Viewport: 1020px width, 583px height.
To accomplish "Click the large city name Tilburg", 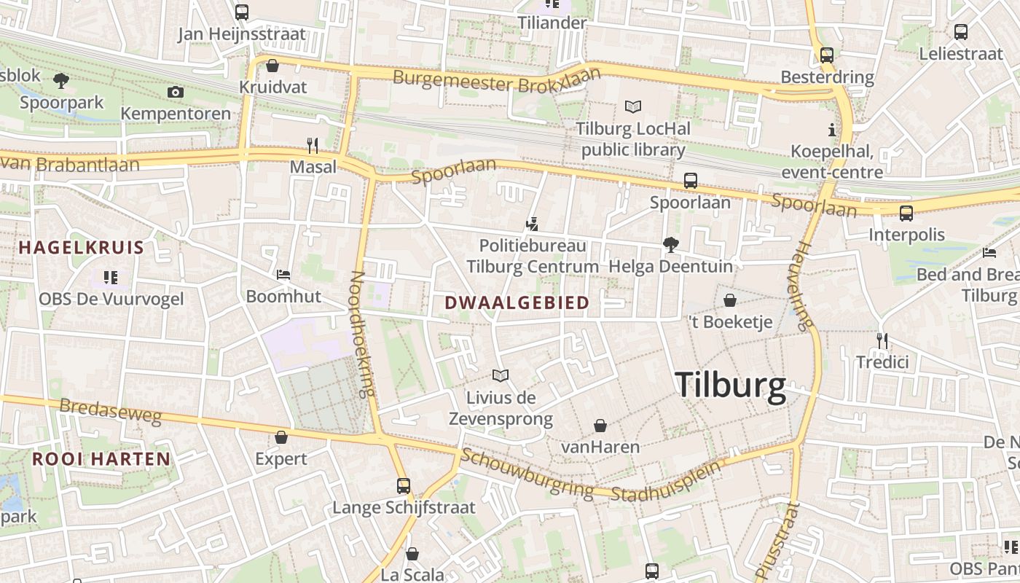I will [x=730, y=386].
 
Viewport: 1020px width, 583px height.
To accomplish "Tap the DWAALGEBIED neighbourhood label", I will [x=517, y=303].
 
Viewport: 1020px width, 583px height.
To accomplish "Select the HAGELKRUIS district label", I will [x=82, y=247].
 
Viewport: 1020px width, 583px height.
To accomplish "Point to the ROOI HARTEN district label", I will [x=101, y=459].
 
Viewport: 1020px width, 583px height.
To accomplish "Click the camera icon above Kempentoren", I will [x=175, y=92].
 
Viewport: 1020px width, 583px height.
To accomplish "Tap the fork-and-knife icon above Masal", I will [x=313, y=146].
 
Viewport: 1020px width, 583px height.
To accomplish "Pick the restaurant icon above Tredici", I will [x=882, y=340].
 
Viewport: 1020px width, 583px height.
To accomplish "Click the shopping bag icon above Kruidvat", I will [x=272, y=66].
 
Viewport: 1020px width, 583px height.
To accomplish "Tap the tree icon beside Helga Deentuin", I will [x=670, y=245].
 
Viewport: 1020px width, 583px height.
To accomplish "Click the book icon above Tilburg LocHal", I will [x=632, y=107].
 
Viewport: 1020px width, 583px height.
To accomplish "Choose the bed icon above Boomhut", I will [x=283, y=275].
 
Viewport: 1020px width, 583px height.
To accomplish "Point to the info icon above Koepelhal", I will [x=831, y=130].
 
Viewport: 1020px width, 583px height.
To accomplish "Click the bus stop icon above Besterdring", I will [x=826, y=55].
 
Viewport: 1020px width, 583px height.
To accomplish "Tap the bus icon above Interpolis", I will [x=906, y=213].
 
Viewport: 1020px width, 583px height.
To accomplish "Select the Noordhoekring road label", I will [x=361, y=334].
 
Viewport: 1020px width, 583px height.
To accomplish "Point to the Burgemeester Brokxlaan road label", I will [x=498, y=80].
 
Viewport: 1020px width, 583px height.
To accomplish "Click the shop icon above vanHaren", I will [x=600, y=426].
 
